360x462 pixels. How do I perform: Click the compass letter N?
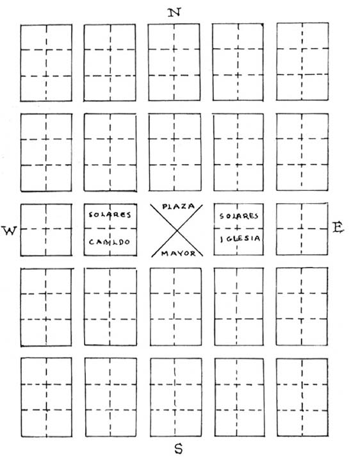pos(174,13)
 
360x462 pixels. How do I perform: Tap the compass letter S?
pos(178,449)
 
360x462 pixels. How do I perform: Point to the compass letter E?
pos(338,227)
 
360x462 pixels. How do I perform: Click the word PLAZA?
pos(179,206)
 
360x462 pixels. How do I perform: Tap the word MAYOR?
pos(178,253)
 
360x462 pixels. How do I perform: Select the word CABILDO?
pos(110,242)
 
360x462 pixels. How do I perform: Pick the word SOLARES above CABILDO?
pos(110,215)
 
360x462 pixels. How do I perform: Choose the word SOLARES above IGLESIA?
pos(239,216)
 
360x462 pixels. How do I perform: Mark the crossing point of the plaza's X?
pos(177,231)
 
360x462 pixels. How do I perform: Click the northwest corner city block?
pos(46,63)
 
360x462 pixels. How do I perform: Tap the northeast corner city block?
pos(302,62)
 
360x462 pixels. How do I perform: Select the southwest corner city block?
pos(46,397)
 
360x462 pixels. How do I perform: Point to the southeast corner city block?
pos(302,397)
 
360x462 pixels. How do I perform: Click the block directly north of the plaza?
pos(175,153)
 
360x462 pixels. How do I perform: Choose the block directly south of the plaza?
pos(176,307)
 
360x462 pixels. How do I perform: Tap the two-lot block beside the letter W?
pos(46,230)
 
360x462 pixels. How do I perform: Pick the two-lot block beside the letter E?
pos(302,229)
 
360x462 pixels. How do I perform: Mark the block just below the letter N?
pos(174,62)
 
